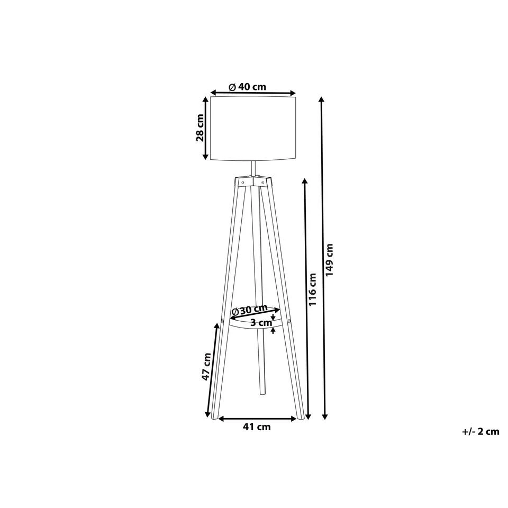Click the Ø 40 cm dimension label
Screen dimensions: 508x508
tap(247, 87)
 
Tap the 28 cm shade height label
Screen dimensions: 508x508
tap(200, 128)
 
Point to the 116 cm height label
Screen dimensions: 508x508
tap(312, 291)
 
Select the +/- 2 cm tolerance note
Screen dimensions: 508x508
tap(480, 431)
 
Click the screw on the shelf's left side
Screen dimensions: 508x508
tap(223, 320)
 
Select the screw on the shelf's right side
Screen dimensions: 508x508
tap(289, 319)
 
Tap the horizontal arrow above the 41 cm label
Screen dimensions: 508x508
tap(257, 419)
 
